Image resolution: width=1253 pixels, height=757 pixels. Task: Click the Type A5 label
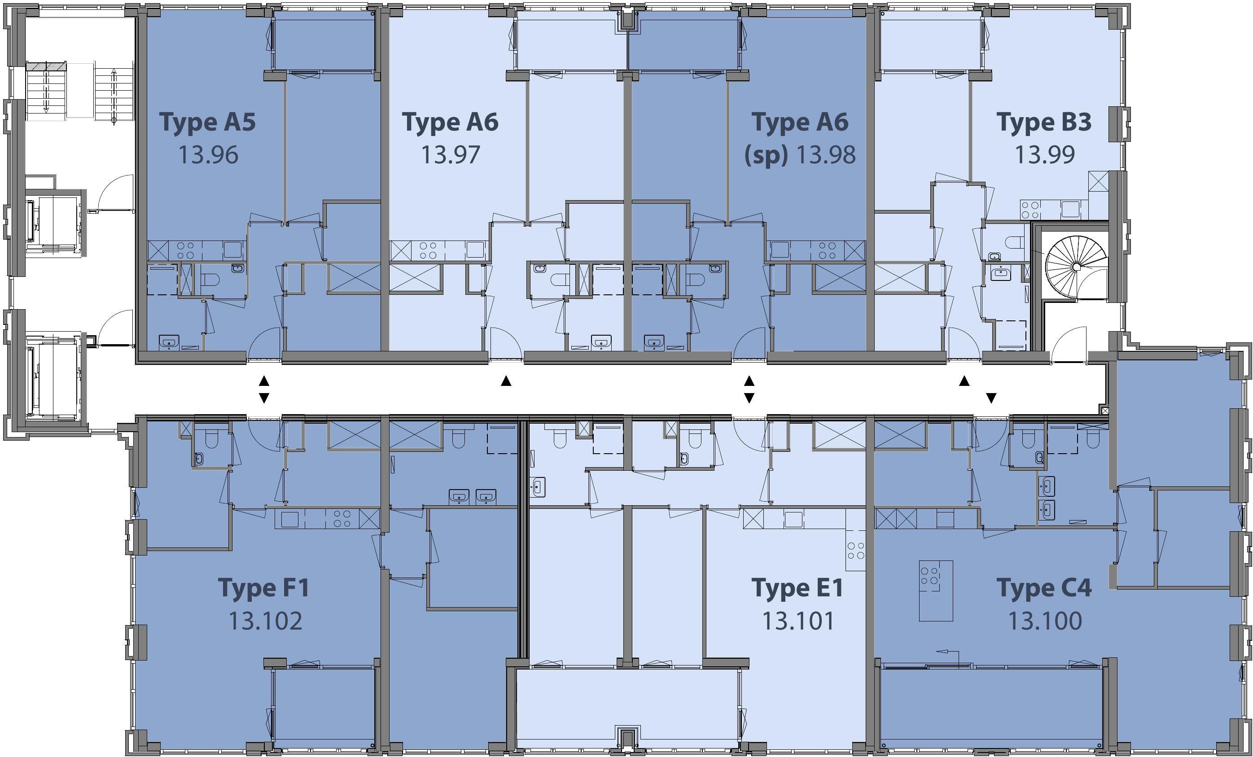(x=207, y=123)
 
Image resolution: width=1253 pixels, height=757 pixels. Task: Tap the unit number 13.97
(x=451, y=154)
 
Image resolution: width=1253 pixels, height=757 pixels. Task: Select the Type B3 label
(x=1044, y=123)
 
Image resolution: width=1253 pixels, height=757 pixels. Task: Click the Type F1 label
(x=264, y=588)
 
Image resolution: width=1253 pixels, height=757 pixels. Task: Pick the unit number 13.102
(x=265, y=621)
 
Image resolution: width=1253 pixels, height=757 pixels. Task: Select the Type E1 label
(x=797, y=588)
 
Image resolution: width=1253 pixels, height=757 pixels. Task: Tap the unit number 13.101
(x=798, y=621)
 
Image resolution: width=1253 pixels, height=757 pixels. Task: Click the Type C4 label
(x=1044, y=588)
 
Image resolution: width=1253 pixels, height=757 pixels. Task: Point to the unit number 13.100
(x=1045, y=621)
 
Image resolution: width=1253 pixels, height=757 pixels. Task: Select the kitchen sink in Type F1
(x=289, y=519)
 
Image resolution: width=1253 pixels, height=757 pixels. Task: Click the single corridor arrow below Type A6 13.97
(x=505, y=381)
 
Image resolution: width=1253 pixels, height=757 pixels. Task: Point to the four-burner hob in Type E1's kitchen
(x=856, y=550)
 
